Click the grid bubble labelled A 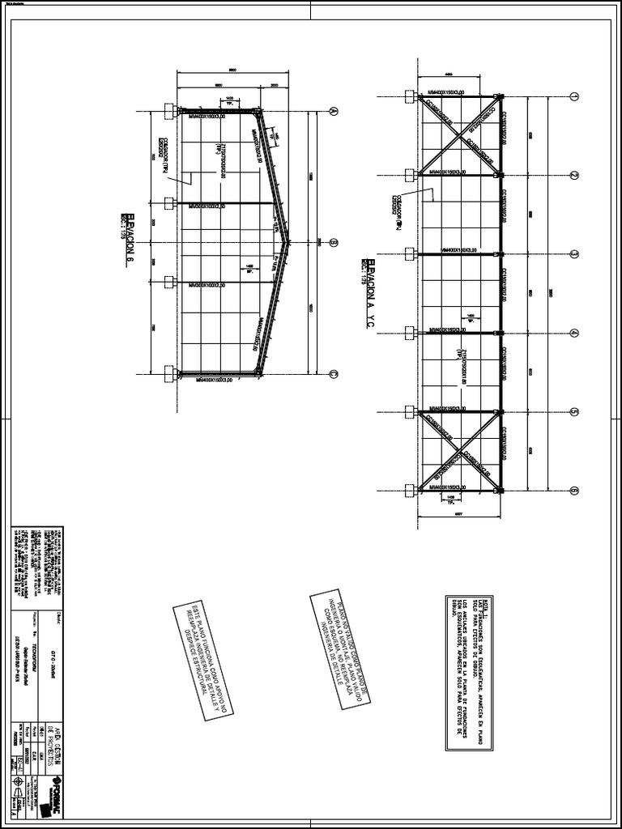(333, 111)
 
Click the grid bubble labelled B (333, 241)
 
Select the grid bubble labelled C (333, 373)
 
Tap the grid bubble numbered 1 (573, 97)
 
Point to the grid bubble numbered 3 (573, 253)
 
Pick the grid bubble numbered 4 (573, 333)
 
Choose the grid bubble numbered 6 (573, 490)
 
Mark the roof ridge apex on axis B (288, 241)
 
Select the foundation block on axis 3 (411, 253)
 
